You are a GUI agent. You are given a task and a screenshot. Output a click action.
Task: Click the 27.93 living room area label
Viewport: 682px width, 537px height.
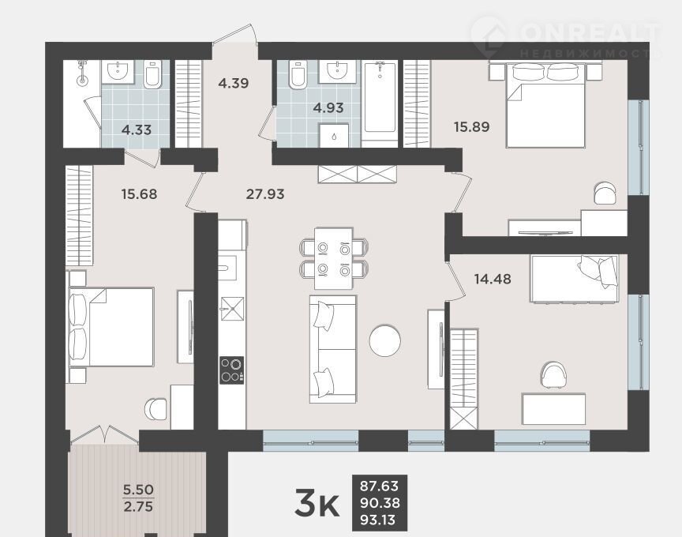point(265,193)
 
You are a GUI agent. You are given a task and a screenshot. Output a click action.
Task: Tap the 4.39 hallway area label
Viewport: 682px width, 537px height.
point(234,83)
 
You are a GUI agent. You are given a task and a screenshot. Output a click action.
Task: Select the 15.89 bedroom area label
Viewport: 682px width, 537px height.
point(471,126)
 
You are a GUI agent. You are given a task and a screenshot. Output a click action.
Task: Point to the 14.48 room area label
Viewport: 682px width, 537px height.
point(493,279)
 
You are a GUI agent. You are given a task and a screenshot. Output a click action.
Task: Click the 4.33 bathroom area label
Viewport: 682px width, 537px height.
point(137,130)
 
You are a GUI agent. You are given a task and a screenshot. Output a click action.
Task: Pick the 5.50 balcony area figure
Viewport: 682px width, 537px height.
point(138,490)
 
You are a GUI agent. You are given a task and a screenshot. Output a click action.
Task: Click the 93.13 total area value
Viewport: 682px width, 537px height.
point(377,520)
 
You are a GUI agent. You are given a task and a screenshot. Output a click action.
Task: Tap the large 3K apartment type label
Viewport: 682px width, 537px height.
point(317,502)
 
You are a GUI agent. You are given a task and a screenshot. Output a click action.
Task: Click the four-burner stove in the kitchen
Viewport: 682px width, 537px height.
point(232,370)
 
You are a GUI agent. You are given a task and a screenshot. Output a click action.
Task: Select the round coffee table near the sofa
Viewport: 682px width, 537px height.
point(385,340)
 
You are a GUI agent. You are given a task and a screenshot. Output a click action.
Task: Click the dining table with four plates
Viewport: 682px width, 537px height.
point(334,258)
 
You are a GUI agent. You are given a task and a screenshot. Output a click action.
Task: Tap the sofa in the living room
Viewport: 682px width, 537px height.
point(333,349)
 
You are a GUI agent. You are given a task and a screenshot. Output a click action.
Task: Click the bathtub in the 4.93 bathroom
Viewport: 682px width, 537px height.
point(380,97)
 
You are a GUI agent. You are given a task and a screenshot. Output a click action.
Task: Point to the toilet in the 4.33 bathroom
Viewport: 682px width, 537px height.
point(152,74)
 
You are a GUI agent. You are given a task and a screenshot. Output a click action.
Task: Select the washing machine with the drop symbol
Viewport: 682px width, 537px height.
point(334,135)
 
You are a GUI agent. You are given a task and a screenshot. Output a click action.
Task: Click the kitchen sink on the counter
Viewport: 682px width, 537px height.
point(232,309)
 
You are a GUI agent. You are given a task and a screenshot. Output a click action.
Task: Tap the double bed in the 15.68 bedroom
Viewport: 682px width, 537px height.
point(111,326)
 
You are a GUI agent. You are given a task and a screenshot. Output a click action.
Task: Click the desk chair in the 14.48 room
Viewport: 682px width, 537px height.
point(553,375)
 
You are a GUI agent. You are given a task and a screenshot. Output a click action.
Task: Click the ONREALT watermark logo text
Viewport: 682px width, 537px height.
point(589,32)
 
